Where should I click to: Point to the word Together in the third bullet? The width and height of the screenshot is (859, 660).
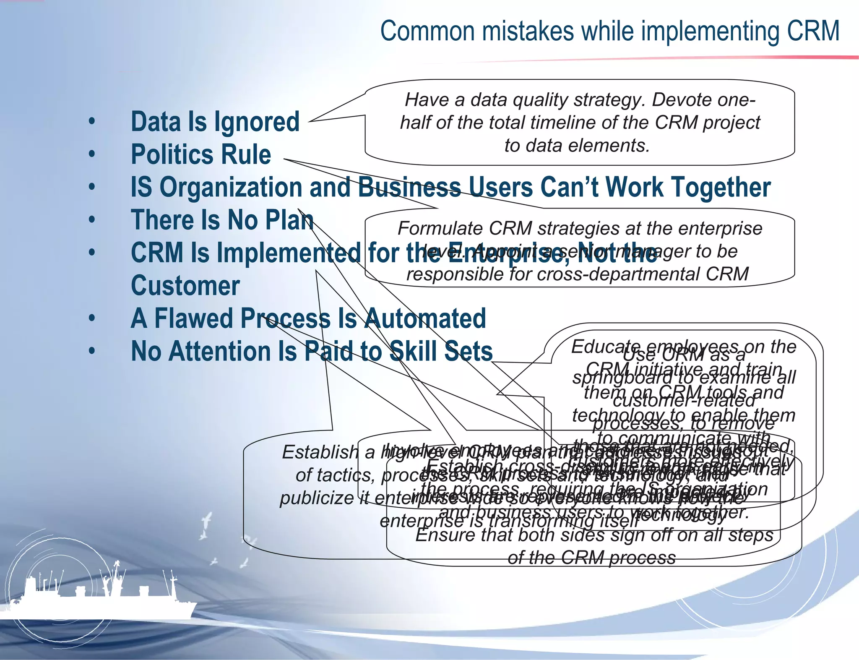click(x=718, y=187)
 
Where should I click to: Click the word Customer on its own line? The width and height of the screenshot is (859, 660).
click(x=185, y=286)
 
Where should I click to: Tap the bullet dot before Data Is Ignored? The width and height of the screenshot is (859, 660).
click(x=92, y=122)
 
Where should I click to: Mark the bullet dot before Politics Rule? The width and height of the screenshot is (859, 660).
click(x=92, y=155)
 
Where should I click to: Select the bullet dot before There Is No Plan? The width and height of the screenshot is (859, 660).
click(x=92, y=220)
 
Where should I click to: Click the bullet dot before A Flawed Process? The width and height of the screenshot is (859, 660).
click(x=92, y=319)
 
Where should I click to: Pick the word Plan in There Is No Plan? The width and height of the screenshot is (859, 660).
click(x=292, y=220)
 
